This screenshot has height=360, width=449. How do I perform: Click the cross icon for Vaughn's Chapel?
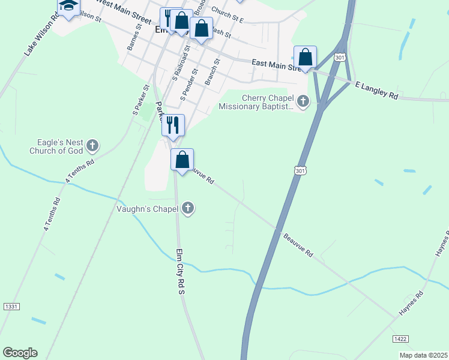click(x=188, y=209)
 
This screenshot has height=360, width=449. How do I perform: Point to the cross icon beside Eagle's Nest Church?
click(x=92, y=145)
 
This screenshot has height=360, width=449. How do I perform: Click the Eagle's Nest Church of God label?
click(x=56, y=146)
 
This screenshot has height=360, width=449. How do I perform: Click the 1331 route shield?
click(x=11, y=307)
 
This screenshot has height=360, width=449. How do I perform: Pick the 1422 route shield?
click(x=401, y=339)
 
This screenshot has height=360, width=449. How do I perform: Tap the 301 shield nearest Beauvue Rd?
click(x=300, y=171)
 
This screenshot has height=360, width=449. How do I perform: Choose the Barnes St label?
click(x=133, y=37)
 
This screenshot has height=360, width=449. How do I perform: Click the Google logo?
click(x=20, y=353)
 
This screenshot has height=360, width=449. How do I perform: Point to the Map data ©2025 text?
click(x=423, y=355)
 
